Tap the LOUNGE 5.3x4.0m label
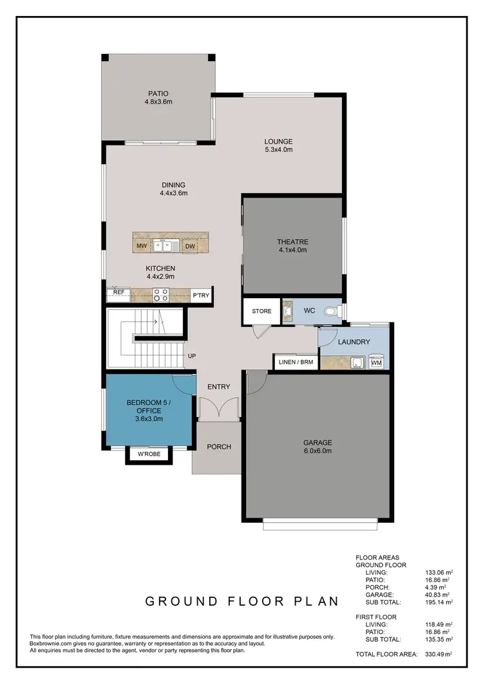coord(278,145)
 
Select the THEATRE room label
coord(292,246)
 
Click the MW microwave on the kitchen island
coord(141,246)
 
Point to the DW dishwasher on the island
coord(189,246)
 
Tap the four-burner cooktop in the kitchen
coord(160,294)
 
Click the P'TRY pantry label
coord(200,295)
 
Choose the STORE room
coord(261,312)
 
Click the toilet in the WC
coord(331,311)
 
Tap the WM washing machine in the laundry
coord(377,364)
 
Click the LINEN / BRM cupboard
coord(296,362)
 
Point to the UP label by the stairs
coord(191,356)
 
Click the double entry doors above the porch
coord(220,409)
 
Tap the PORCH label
coord(218,447)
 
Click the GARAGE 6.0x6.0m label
coord(317,446)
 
